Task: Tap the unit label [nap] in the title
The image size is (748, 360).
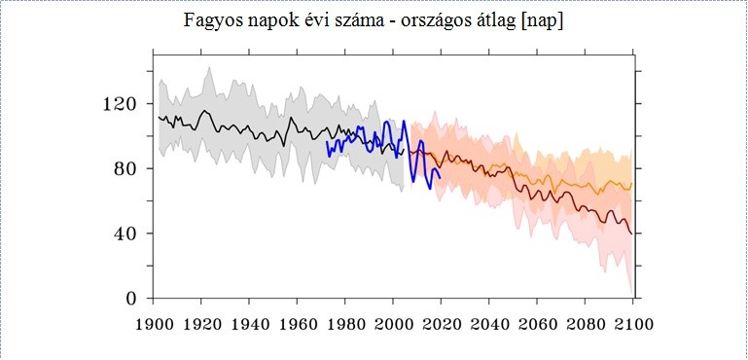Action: click(x=542, y=21)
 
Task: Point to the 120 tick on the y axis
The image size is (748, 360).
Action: click(x=123, y=104)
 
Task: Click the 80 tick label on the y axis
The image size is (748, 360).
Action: click(x=127, y=168)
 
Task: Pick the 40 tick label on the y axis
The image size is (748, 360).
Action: click(x=127, y=234)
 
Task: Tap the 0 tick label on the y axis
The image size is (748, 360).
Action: click(x=132, y=299)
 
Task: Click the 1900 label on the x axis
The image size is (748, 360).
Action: click(x=153, y=325)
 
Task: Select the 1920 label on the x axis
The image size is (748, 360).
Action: click(x=201, y=325)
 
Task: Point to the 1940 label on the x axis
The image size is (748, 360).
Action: click(x=249, y=325)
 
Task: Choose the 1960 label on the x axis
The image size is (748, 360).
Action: click(x=298, y=325)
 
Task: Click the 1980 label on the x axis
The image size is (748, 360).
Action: click(x=345, y=325)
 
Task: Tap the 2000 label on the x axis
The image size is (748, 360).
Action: click(x=393, y=325)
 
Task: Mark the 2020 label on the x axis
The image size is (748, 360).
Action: click(x=442, y=325)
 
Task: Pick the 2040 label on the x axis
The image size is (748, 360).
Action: click(x=489, y=325)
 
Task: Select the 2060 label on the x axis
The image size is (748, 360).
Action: click(x=537, y=325)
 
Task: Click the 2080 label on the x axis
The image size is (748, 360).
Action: click(x=586, y=325)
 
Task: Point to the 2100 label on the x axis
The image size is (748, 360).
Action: click(x=633, y=325)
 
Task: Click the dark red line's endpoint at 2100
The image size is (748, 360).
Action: click(x=632, y=234)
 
